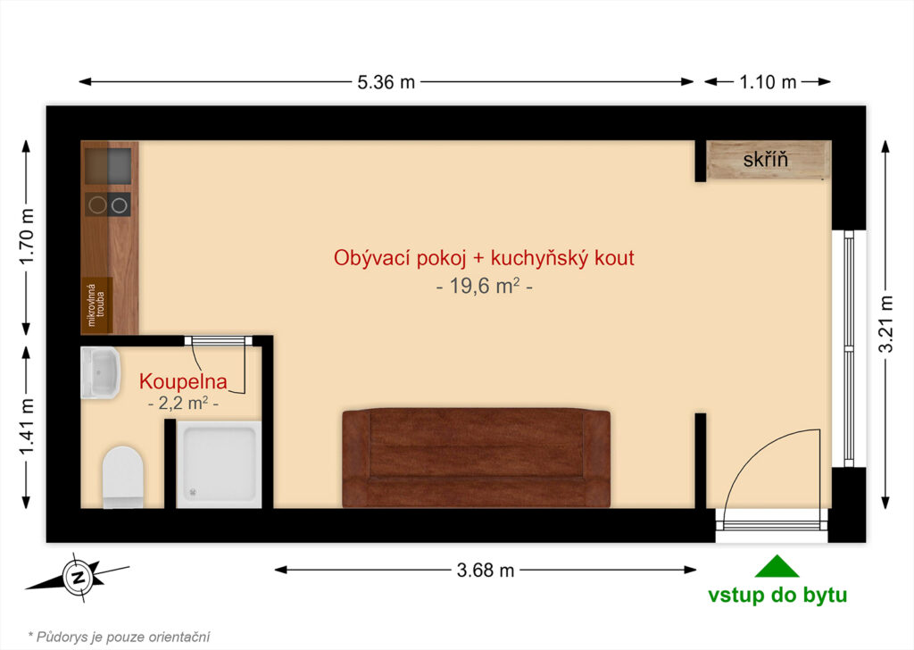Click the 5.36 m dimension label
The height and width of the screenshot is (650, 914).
tap(386, 82)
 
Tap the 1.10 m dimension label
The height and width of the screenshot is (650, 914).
tap(768, 82)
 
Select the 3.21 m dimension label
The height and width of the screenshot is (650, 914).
tap(886, 324)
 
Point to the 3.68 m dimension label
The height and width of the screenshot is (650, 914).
tap(485, 570)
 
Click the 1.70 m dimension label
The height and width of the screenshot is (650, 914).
tap(27, 237)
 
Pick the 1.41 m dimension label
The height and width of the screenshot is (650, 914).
tap(27, 427)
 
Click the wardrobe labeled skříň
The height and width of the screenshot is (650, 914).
tap(769, 160)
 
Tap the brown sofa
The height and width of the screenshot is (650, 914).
tap(476, 458)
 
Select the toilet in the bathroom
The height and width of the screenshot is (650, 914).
tap(123, 477)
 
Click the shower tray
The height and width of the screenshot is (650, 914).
tap(219, 464)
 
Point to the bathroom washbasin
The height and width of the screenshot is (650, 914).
tap(100, 373)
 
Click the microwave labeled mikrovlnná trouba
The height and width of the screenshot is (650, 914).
tap(96, 305)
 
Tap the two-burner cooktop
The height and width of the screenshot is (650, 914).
tap(108, 204)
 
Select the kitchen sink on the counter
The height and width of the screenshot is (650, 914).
tap(108, 166)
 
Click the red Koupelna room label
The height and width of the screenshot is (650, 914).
tap(183, 382)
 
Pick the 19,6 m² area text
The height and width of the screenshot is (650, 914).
tap(485, 287)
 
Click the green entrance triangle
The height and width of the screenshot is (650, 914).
tap(777, 566)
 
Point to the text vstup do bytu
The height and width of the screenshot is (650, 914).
tap(777, 596)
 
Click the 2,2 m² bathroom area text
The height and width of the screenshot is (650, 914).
tap(184, 403)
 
